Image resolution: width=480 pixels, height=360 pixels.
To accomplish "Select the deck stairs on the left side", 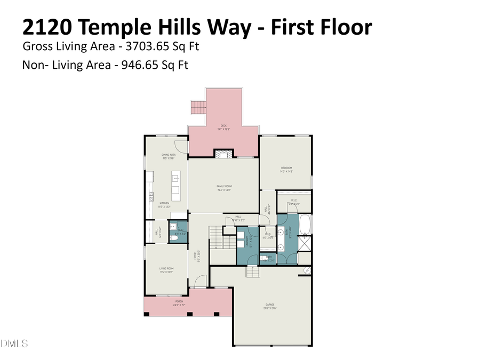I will pyautogui.click(x=198, y=107).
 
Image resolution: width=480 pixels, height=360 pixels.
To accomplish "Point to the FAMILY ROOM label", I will pyautogui.click(x=223, y=187).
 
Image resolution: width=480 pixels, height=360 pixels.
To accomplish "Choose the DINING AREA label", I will pyautogui.click(x=169, y=156).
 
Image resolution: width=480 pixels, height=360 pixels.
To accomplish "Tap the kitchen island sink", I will pyautogui.click(x=175, y=179).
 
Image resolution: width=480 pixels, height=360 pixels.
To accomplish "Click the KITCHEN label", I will pyautogui.click(x=165, y=204).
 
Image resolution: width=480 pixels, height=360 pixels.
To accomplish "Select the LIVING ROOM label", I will pyautogui.click(x=166, y=270).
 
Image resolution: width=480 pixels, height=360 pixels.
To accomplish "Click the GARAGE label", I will pyautogui.click(x=270, y=306).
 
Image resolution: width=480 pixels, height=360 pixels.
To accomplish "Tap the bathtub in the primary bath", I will pyautogui.click(x=305, y=225).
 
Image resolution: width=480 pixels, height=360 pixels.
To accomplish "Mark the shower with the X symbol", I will pyautogui.click(x=306, y=245).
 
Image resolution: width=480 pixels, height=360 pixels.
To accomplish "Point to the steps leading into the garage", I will pyautogui.click(x=252, y=272).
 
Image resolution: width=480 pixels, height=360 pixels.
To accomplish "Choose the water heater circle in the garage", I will pyautogui.click(x=307, y=271).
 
